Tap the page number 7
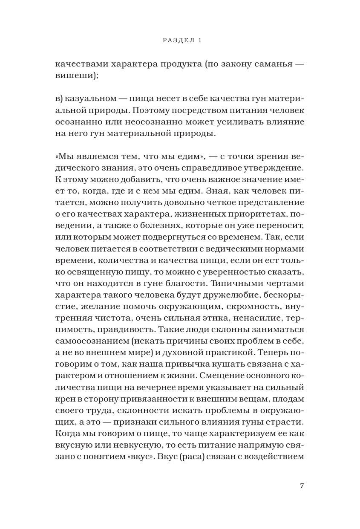click(302, 487)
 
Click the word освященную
click(93, 271)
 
